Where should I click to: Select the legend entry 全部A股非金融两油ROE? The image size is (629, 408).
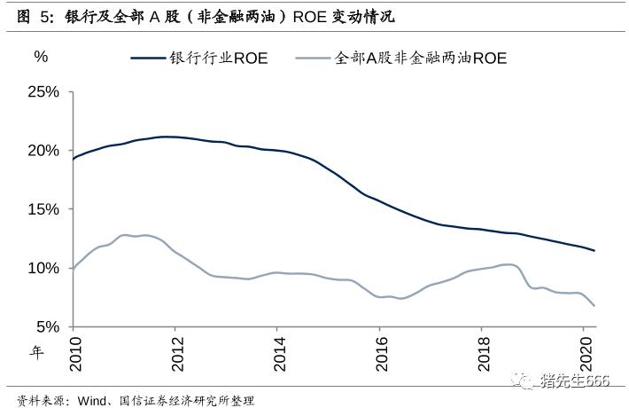tap(420, 59)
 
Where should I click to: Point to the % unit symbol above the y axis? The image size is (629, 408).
tap(41, 56)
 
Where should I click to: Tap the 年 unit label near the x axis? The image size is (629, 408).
tap(37, 352)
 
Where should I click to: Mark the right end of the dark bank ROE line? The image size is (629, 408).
tap(594, 251)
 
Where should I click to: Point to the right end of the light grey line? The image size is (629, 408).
tap(594, 306)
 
